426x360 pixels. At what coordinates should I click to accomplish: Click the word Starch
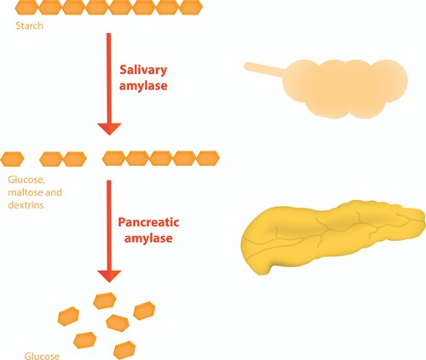30,26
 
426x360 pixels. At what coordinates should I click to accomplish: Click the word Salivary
143,70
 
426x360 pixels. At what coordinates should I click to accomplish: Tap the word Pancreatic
148,222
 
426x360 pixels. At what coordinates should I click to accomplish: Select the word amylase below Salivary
143,86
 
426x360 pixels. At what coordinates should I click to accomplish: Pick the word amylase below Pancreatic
148,238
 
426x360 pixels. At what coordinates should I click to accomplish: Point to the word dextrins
26,205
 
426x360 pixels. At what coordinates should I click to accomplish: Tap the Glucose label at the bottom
42,356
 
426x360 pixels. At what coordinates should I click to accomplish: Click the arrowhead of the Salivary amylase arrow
109,129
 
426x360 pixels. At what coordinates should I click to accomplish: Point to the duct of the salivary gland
264,69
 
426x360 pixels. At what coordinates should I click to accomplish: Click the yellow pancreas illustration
332,237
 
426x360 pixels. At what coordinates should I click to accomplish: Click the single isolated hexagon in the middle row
12,159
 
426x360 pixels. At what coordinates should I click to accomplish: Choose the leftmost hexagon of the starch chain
26,8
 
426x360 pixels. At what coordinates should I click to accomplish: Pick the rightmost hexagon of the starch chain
191,8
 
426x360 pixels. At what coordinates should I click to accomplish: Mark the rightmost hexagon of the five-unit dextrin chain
208,158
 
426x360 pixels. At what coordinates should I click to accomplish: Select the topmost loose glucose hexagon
105,300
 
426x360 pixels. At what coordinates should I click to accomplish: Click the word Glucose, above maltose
26,180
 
